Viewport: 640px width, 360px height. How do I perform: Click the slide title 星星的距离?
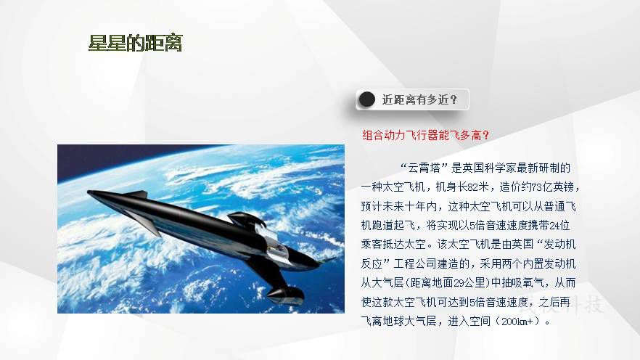point(135,43)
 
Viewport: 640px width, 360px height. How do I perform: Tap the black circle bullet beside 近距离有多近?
point(366,99)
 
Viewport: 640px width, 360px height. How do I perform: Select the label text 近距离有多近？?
point(419,99)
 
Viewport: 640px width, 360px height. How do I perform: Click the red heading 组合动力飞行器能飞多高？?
point(426,135)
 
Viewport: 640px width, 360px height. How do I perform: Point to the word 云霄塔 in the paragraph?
point(424,168)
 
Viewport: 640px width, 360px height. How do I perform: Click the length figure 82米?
point(478,187)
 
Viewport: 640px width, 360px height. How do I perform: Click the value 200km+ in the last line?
point(517,322)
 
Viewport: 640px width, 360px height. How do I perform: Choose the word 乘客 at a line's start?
point(372,245)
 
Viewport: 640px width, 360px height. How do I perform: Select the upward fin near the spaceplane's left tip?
point(136,195)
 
